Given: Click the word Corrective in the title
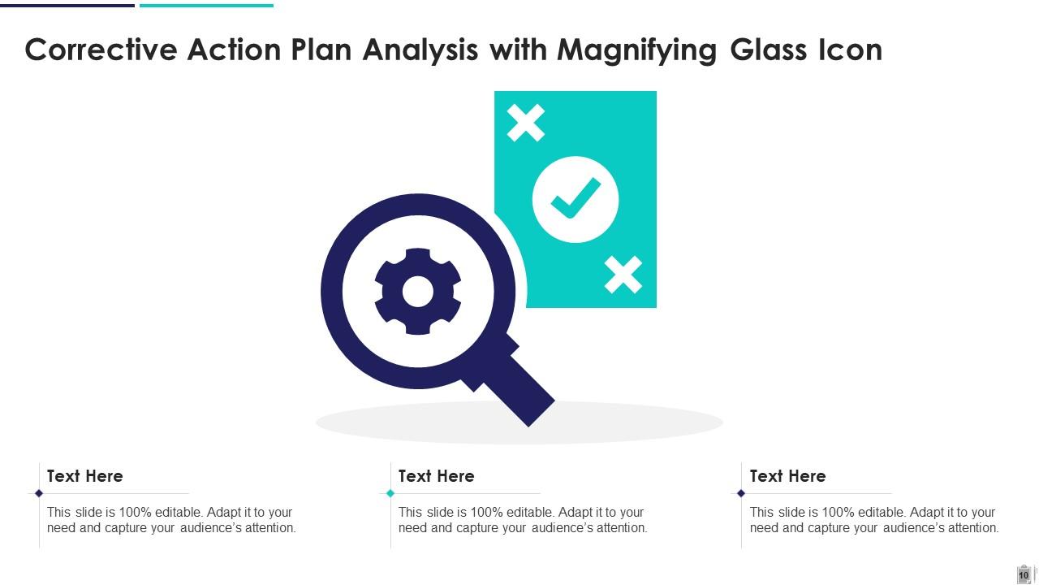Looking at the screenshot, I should tap(101, 50).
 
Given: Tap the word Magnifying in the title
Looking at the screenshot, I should tap(636, 50).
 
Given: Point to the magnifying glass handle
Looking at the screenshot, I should tap(520, 391).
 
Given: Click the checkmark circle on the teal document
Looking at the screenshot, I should tap(576, 199).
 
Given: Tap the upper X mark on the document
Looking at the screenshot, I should tap(526, 123).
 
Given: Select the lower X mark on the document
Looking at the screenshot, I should tap(623, 275).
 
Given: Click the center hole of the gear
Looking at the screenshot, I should tap(418, 292).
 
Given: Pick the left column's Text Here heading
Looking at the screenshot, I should tap(85, 476).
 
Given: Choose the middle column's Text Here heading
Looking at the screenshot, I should tap(437, 476).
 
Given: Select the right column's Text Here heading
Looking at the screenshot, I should tap(788, 476).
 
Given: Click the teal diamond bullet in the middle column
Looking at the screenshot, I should tap(390, 493).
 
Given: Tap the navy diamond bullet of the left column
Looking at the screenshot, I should tap(39, 493).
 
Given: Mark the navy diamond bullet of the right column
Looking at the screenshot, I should tap(741, 493).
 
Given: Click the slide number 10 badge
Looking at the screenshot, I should tap(1024, 574).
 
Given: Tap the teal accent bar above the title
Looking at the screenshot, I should tap(206, 5).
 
